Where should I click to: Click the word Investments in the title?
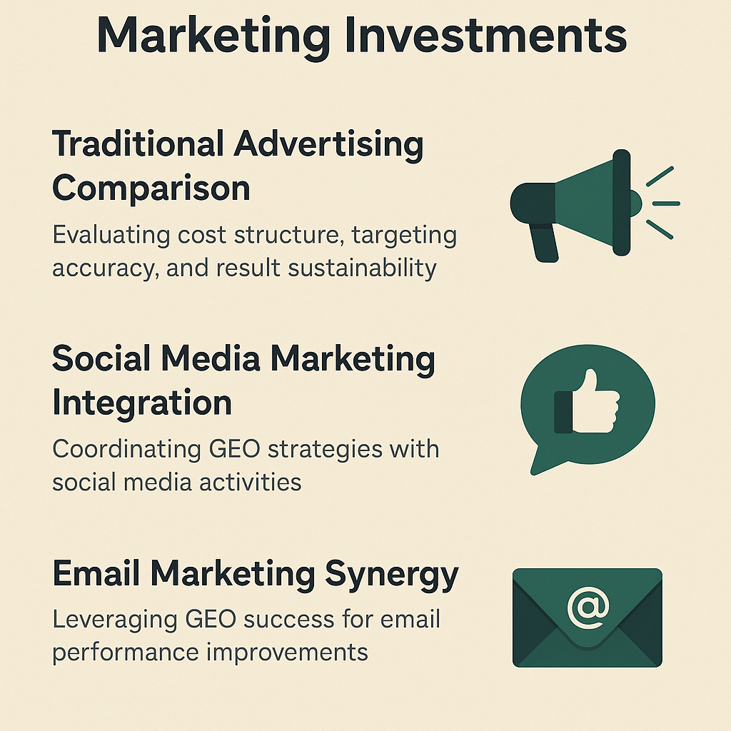click(x=485, y=36)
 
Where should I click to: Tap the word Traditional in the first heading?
click(x=138, y=143)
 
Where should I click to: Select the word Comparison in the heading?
click(x=151, y=188)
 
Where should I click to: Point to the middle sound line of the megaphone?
click(x=666, y=203)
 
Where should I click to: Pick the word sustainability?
click(x=362, y=268)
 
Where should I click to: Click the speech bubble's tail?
click(x=545, y=460)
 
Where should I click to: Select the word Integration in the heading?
click(x=142, y=403)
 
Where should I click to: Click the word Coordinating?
click(x=126, y=450)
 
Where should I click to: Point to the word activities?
click(x=251, y=482)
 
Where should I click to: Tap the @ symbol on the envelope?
click(x=588, y=607)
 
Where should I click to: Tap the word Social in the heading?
click(x=101, y=359)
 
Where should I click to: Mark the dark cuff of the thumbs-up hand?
click(x=563, y=412)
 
